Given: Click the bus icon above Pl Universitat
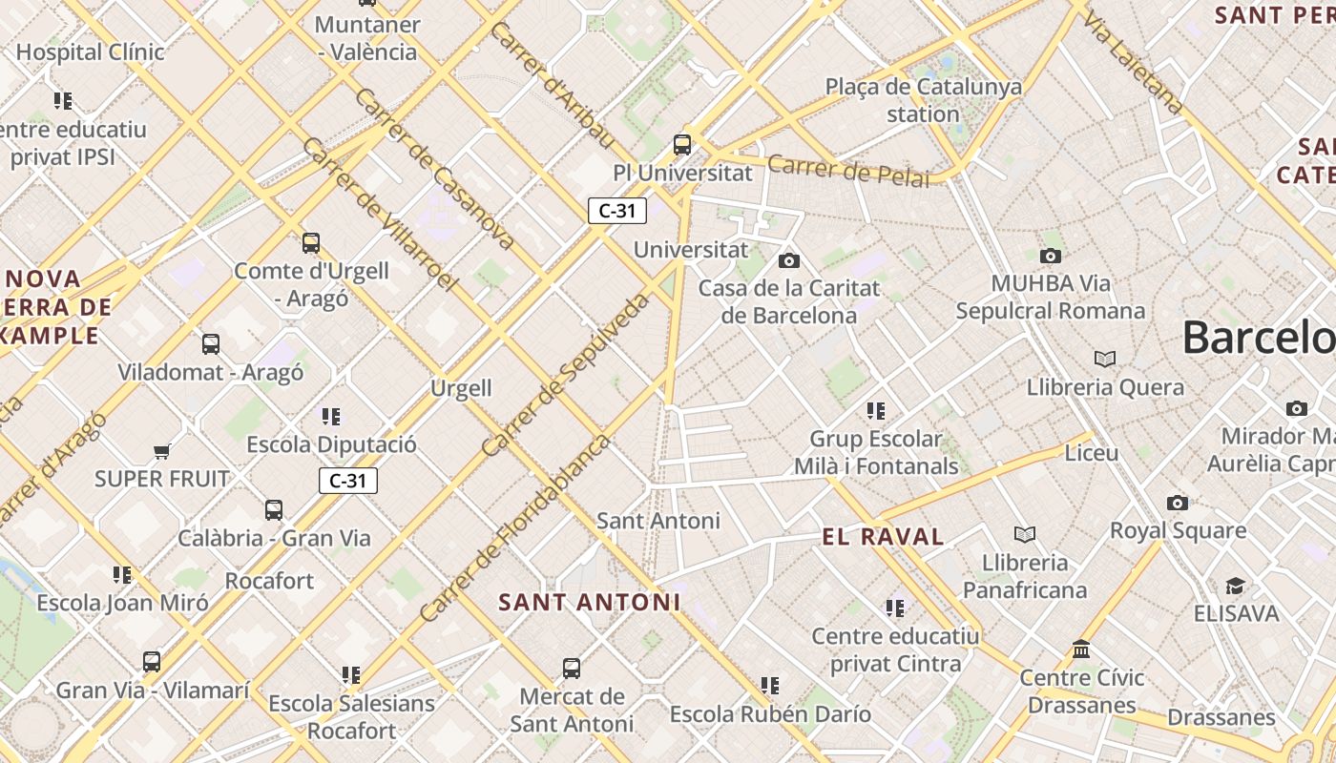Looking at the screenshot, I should (x=681, y=144).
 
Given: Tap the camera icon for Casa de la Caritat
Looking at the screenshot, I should (x=788, y=260).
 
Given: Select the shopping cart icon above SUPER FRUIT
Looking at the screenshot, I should (x=161, y=451).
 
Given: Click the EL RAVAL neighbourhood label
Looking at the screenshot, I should (x=883, y=537).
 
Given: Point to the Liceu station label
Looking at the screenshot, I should (x=1091, y=453).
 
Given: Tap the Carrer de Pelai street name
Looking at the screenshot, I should (x=848, y=172).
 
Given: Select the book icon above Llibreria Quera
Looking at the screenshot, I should (x=1104, y=359).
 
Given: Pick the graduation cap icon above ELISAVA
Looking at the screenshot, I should (x=1235, y=586).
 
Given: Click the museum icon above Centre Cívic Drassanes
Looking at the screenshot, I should (x=1081, y=650).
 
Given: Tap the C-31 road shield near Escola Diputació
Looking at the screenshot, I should (x=348, y=481).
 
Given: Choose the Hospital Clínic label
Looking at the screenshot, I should (x=91, y=52).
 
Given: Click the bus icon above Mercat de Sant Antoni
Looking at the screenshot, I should (x=571, y=669).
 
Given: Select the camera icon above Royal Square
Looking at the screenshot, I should (x=1178, y=503).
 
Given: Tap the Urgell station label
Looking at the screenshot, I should (x=461, y=388).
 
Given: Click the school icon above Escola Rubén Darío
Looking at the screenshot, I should (x=769, y=685).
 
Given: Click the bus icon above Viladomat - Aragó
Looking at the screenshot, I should (x=211, y=344).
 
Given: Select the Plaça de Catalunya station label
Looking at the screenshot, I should (x=923, y=100).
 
